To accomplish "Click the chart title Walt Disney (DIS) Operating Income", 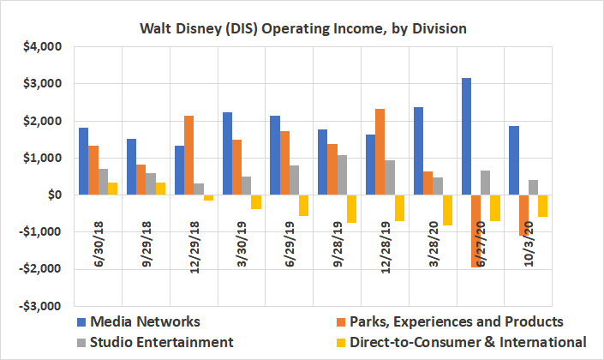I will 302,29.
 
